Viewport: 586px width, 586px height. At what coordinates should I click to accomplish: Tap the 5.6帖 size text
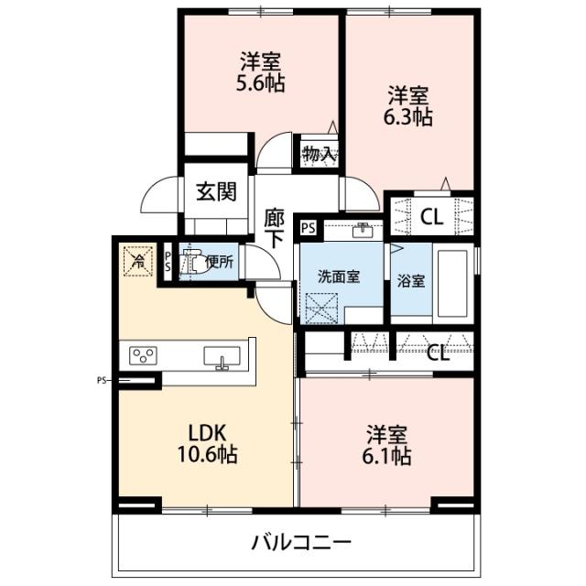pyautogui.click(x=260, y=83)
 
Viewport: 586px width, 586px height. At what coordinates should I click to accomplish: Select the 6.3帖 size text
pyautogui.click(x=408, y=116)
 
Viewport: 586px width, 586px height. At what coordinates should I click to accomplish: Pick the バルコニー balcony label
pyautogui.click(x=301, y=542)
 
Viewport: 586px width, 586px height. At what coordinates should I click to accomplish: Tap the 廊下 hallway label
pyautogui.click(x=274, y=230)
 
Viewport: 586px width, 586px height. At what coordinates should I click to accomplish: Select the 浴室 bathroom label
pyautogui.click(x=410, y=282)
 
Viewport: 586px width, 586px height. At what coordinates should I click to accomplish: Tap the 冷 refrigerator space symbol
pyautogui.click(x=136, y=259)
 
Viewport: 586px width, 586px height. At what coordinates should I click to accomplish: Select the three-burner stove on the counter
pyautogui.click(x=145, y=355)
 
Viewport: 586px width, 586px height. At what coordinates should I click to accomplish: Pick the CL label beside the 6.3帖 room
pyautogui.click(x=429, y=217)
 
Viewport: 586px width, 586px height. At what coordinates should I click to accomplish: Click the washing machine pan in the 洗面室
pyautogui.click(x=321, y=307)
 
